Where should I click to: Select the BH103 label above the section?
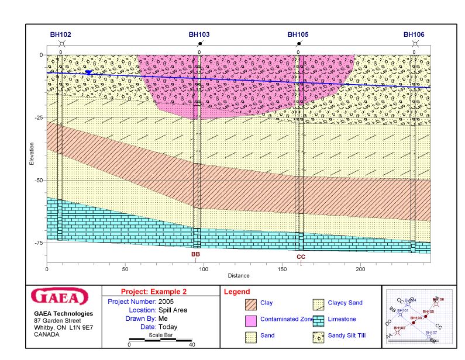[199, 34]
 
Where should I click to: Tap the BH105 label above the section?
[298, 34]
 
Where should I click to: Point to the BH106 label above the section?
[414, 34]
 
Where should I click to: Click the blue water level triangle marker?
[88, 72]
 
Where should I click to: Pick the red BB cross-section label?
[195, 255]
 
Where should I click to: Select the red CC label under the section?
[301, 257]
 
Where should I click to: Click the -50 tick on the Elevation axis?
[39, 181]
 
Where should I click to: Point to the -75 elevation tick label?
[39, 243]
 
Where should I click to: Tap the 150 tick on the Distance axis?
[283, 269]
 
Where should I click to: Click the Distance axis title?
[239, 276]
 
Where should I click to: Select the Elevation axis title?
[32, 154]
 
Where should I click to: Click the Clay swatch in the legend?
[251, 303]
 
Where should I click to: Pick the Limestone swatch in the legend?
[318, 320]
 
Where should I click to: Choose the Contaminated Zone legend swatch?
[251, 320]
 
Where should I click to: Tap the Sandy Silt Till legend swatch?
[318, 336]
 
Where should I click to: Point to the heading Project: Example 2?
[153, 292]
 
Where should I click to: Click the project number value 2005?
[166, 301]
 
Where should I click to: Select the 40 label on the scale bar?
[192, 345]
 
